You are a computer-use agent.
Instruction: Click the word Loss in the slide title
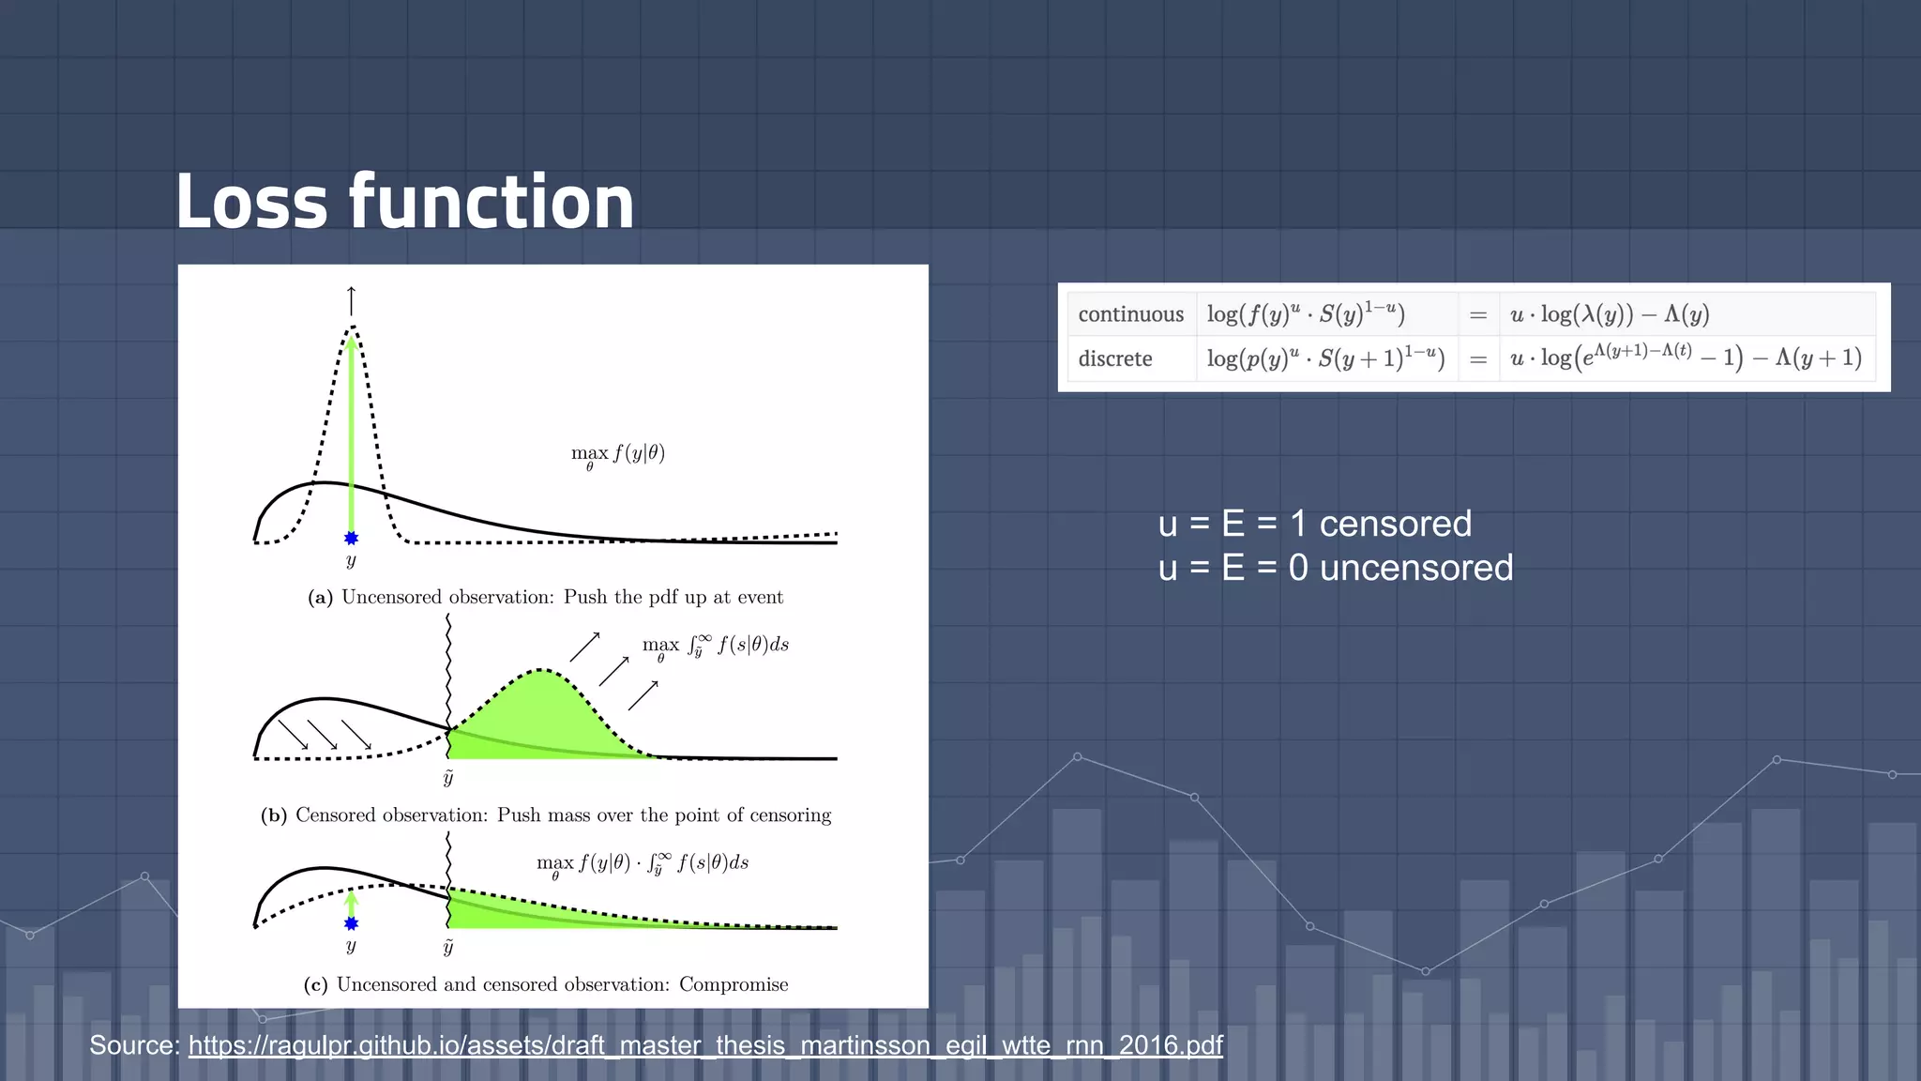point(251,202)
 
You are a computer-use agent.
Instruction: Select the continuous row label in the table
point(1130,314)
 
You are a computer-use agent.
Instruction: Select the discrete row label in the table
point(1114,358)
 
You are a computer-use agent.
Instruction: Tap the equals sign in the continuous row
point(1478,315)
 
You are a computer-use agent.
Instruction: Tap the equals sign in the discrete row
point(1478,359)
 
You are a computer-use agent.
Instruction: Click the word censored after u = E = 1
point(1395,524)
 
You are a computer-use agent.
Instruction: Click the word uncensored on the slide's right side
point(1415,568)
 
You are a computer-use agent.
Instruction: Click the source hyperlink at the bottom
point(705,1045)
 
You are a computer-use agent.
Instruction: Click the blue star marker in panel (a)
point(351,538)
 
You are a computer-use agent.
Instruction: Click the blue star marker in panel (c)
point(351,923)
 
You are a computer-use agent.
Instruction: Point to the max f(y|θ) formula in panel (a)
point(618,454)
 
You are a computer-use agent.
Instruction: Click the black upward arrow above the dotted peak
point(352,300)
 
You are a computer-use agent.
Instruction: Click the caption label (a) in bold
point(320,598)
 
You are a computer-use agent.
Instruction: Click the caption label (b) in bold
point(273,815)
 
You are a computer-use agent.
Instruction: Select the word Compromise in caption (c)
point(734,984)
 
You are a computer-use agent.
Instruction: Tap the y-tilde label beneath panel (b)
point(448,777)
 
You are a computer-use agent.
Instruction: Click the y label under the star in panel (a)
point(351,561)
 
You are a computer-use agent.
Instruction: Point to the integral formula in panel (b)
point(715,646)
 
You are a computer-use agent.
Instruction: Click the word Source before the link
point(134,1045)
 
